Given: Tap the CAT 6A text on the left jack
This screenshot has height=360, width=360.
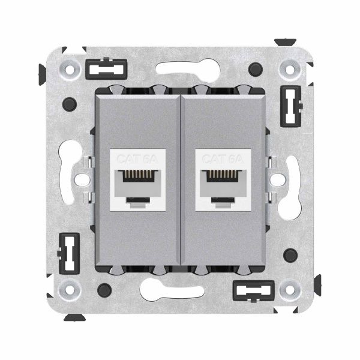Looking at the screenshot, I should [137, 160].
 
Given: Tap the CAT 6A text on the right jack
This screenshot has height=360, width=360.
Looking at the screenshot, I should [221, 160].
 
